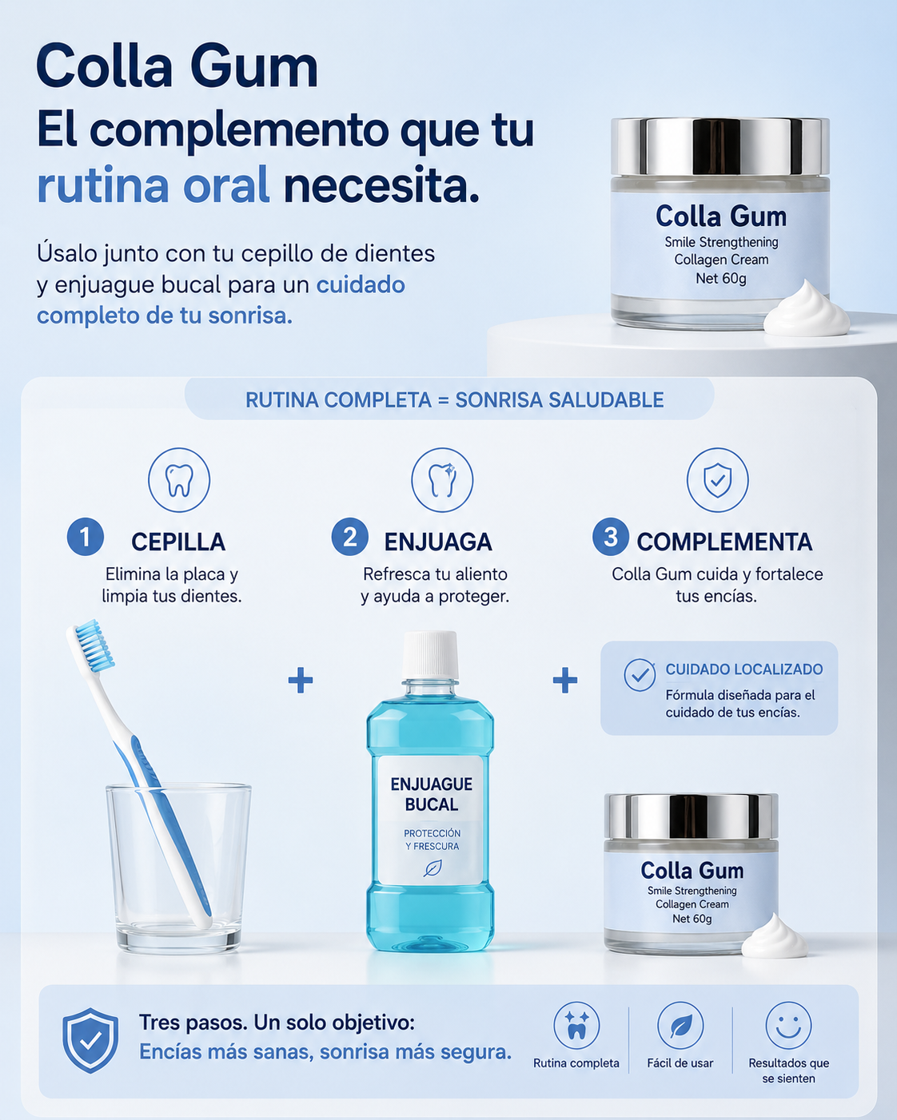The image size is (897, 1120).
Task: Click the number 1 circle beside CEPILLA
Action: click(86, 537)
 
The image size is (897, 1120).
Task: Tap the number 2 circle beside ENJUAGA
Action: click(350, 537)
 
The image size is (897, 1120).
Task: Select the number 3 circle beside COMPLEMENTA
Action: click(611, 537)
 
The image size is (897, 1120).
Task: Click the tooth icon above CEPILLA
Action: click(179, 480)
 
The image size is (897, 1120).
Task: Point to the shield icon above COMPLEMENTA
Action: click(717, 480)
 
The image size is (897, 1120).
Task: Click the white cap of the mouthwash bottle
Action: click(430, 655)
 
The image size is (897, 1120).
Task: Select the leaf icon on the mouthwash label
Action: click(433, 868)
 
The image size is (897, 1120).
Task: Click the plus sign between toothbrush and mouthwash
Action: click(301, 680)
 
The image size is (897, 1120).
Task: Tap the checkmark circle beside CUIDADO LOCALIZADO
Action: click(640, 675)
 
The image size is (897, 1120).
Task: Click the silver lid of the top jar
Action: click(720, 147)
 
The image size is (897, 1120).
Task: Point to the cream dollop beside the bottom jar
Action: click(775, 938)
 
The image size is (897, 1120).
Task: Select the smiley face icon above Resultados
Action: click(788, 1026)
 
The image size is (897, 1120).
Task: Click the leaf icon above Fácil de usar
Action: click(680, 1026)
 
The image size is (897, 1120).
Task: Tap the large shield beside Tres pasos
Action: click(90, 1040)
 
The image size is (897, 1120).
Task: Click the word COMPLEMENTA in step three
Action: click(724, 542)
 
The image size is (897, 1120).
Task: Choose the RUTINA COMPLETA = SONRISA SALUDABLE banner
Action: click(449, 399)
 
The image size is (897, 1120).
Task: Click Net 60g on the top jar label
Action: click(721, 279)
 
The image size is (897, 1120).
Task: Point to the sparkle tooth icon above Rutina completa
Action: click(576, 1026)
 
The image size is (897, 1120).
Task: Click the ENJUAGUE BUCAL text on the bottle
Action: click(431, 794)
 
